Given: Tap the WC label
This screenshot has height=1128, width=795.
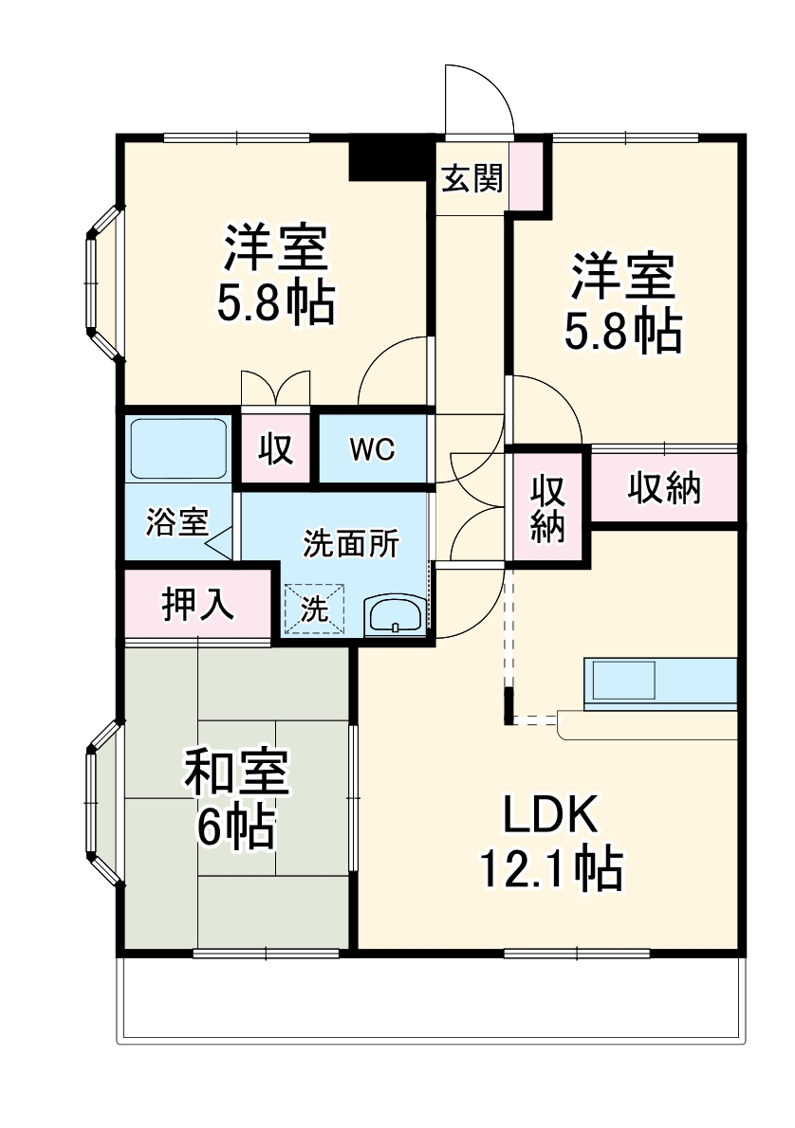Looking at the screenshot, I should click(x=372, y=448).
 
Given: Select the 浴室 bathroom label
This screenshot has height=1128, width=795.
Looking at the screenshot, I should click(x=176, y=522).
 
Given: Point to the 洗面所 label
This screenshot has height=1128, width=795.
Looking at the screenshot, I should click(x=351, y=544).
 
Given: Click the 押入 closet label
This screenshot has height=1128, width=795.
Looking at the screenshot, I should click(x=197, y=604).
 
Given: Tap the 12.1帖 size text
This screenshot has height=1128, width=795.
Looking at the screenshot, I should click(x=550, y=867).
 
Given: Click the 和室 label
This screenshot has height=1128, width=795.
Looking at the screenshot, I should click(x=236, y=773).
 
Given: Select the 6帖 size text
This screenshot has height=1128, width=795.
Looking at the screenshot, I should click(x=236, y=828).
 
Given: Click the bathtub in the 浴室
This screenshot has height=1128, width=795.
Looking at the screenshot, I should click(x=177, y=448).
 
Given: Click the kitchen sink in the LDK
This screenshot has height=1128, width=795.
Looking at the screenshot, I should click(x=623, y=679).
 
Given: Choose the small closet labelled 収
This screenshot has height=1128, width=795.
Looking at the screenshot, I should click(x=276, y=449).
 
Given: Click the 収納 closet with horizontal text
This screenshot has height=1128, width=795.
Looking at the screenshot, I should click(x=664, y=487).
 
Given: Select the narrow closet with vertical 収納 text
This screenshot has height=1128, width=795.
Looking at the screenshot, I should click(x=548, y=506).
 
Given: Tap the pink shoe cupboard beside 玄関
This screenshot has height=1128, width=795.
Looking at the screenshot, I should click(x=527, y=175).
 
